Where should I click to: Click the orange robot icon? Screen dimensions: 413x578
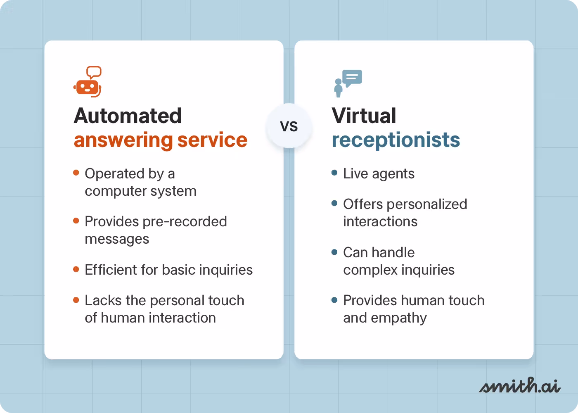point(87,87)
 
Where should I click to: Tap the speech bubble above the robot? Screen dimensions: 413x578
point(94,72)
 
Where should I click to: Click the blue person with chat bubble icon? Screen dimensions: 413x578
point(348,83)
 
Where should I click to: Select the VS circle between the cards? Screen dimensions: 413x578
point(289,126)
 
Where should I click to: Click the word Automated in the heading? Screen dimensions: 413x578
point(128,116)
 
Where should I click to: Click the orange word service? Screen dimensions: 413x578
point(212,140)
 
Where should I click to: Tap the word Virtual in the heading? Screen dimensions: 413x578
point(364,116)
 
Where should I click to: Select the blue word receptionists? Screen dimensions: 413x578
point(396,140)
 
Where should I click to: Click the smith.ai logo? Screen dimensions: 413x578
point(519,386)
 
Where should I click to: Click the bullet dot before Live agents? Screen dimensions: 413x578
point(334,173)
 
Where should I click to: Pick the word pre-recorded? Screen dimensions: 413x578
point(185,221)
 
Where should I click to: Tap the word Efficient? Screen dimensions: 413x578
point(111,270)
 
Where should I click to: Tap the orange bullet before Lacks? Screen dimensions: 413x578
point(76,300)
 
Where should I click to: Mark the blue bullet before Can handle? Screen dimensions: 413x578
point(334,252)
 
